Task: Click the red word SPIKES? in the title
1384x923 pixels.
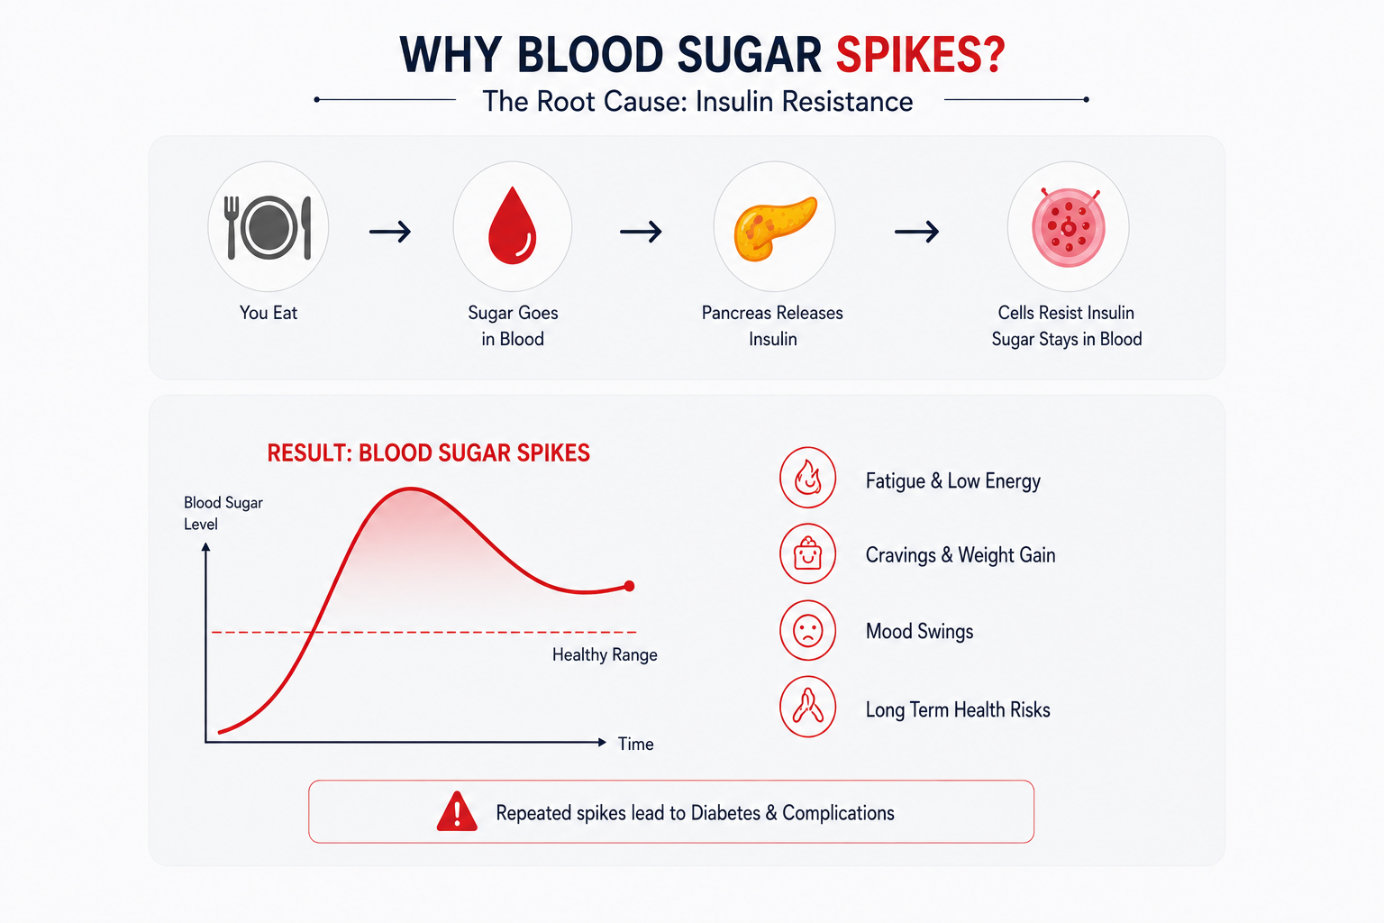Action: pos(921,55)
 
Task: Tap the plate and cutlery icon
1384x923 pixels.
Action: pos(269,227)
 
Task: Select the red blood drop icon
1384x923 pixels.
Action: pos(512,225)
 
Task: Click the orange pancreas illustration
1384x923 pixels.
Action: pos(775,228)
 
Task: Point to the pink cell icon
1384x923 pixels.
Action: pos(1069,227)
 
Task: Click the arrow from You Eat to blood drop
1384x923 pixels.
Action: pos(390,232)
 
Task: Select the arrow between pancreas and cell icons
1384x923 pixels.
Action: pos(917,232)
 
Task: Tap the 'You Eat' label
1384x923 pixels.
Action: pos(269,313)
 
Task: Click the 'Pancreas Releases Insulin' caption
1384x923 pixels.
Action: pos(772,325)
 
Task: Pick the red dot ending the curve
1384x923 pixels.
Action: pos(629,586)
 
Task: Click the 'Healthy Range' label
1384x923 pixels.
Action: pos(605,654)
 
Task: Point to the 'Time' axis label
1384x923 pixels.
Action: pos(636,744)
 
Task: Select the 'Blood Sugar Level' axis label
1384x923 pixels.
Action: pos(223,513)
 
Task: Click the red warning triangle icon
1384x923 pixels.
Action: pos(457,811)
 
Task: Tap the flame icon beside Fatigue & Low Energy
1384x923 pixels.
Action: pos(807,478)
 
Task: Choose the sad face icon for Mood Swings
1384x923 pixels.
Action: pos(807,631)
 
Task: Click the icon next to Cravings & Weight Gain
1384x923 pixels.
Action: pos(807,554)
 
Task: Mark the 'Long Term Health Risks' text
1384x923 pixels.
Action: pos(958,709)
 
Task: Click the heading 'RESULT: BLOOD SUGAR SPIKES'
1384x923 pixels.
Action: pos(428,453)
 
